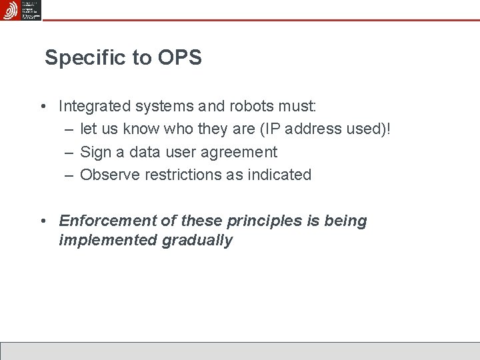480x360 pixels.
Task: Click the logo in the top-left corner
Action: click(x=21, y=10)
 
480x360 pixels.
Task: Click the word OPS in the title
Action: click(x=179, y=59)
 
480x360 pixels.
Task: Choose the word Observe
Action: click(x=107, y=175)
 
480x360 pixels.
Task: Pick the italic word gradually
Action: click(x=197, y=241)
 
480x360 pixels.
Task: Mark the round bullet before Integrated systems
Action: click(x=42, y=107)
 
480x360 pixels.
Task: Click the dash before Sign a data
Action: click(x=69, y=153)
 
